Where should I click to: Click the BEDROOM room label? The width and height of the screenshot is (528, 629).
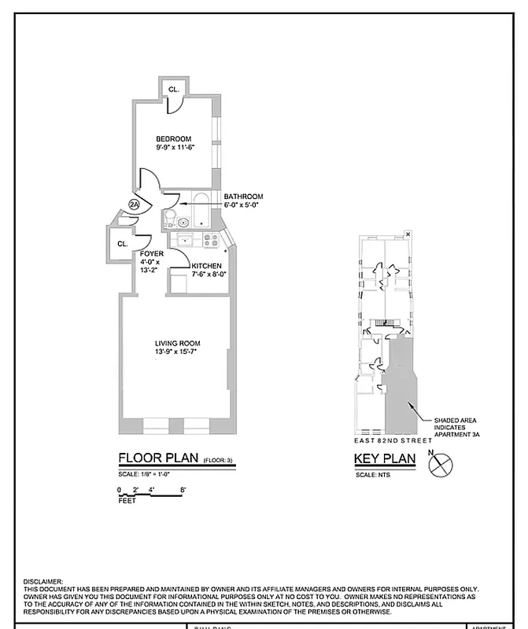[174, 139]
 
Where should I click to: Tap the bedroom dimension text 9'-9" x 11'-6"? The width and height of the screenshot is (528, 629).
[174, 147]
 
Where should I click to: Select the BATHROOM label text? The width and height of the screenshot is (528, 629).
[243, 197]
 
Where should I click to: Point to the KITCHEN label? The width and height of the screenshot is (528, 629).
[206, 266]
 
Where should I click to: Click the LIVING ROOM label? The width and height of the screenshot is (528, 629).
[177, 344]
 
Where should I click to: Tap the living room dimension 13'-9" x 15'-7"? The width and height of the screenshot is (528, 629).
[177, 352]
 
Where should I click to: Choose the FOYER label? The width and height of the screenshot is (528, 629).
[152, 254]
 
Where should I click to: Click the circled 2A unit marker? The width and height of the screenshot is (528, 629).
[134, 205]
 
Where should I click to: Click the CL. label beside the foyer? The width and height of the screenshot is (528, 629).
[123, 245]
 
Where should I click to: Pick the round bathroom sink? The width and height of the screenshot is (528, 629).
[183, 223]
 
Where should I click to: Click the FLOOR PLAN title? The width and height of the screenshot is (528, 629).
[158, 458]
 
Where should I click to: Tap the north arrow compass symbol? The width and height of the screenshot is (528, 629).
[439, 465]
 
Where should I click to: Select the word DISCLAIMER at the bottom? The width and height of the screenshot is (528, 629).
[44, 580]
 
